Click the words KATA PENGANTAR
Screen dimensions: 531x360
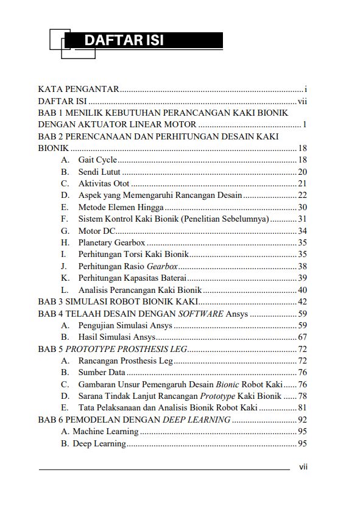point(78,89)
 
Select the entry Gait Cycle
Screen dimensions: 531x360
point(97,160)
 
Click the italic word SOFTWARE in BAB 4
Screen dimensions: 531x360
point(200,314)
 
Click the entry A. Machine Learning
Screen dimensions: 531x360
point(100,432)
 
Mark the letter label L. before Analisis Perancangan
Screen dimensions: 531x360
point(65,290)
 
